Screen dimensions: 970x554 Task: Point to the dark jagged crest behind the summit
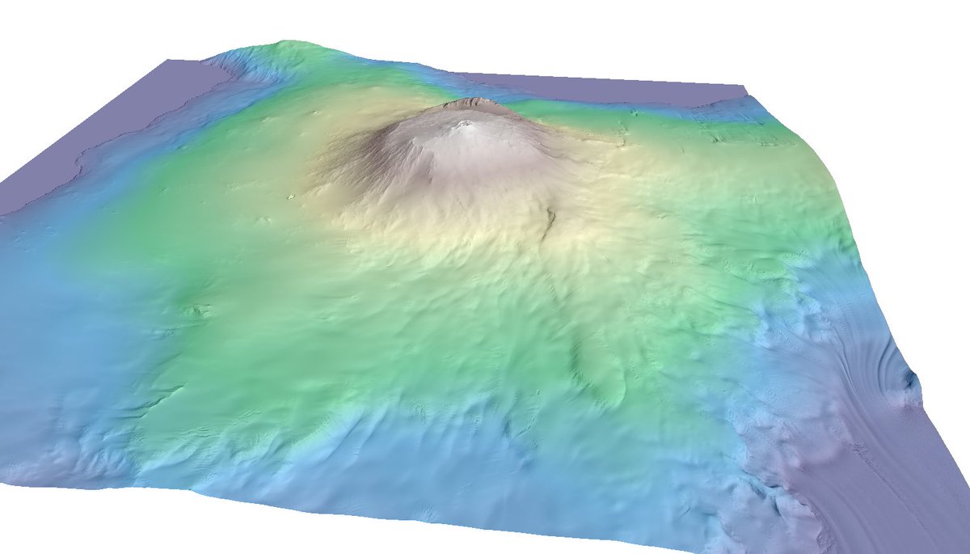coord(474,102)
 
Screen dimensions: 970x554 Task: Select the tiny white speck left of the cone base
coord(291,196)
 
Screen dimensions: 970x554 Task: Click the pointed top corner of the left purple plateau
coord(168,61)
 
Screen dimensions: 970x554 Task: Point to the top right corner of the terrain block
coord(744,86)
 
